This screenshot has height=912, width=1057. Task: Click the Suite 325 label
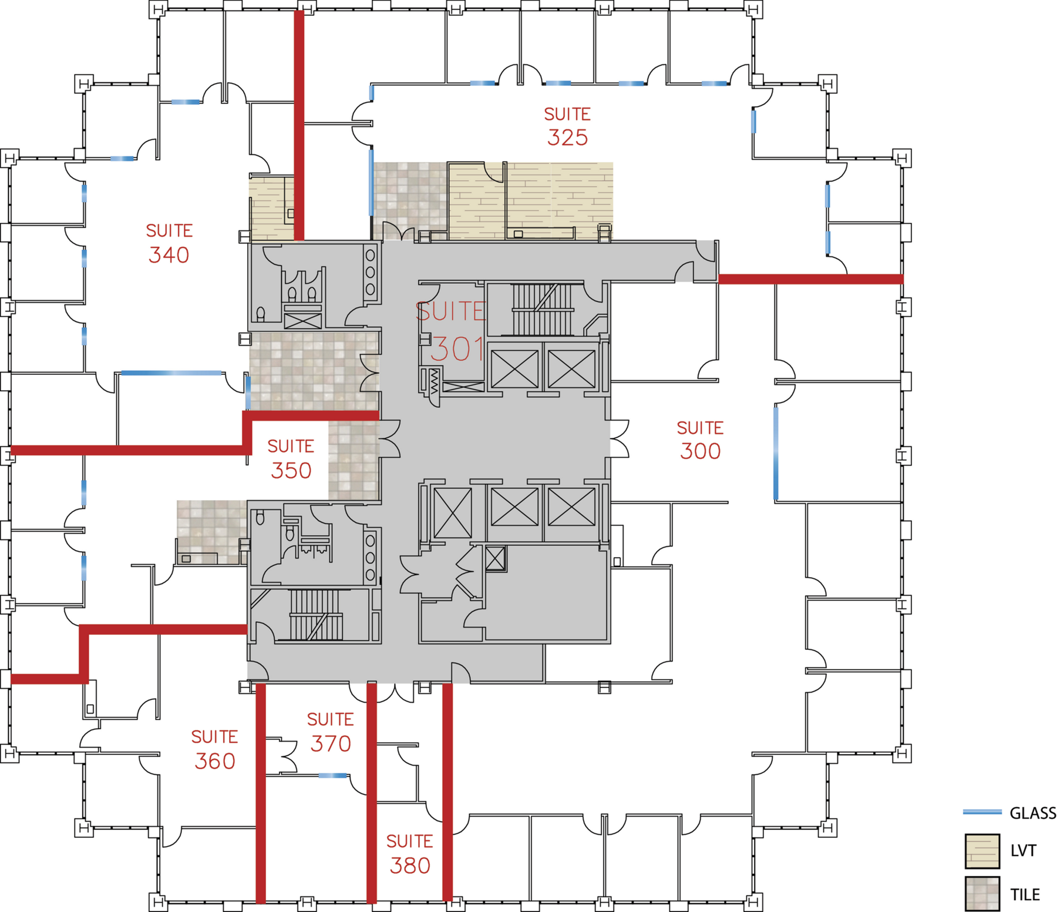[x=567, y=126]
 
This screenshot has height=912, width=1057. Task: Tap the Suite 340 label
[x=169, y=243]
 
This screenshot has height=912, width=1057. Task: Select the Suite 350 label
[x=291, y=459]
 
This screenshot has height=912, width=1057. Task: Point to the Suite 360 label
[x=214, y=749]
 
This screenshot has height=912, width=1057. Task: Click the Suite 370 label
[x=331, y=732]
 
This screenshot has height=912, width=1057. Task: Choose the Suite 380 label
[x=410, y=854]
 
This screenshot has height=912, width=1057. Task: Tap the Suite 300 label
[x=700, y=440]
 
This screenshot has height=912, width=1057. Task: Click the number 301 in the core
[x=457, y=349]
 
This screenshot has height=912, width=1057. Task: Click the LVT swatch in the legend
[x=982, y=850]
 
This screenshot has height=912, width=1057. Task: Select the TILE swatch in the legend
[x=982, y=894]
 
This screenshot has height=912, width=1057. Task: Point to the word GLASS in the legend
[x=1032, y=813]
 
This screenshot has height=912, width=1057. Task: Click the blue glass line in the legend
[x=982, y=812]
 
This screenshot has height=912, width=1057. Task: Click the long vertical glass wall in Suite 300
[x=776, y=452]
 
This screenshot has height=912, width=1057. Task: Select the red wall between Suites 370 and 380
[x=371, y=793]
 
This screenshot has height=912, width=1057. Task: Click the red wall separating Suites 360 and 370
[x=261, y=793]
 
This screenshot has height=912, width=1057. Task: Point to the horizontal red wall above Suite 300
[x=810, y=279]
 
